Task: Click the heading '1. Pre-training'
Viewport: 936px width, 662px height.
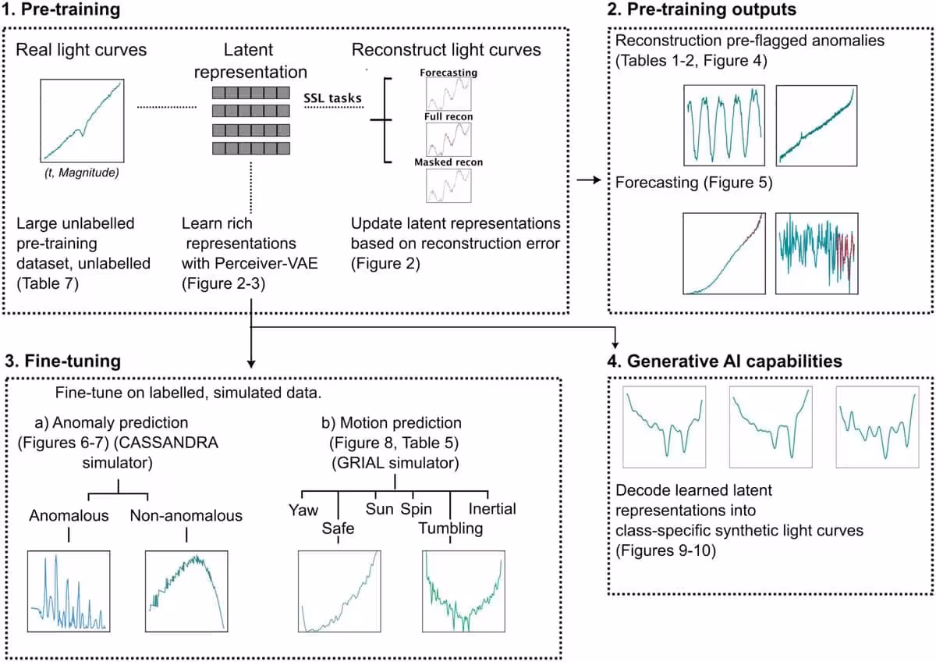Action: pyautogui.click(x=61, y=9)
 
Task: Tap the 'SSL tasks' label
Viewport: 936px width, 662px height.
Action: pyautogui.click(x=332, y=98)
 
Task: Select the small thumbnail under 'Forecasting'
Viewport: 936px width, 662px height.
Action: pyautogui.click(x=448, y=94)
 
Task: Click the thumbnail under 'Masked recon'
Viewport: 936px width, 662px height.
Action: pyautogui.click(x=448, y=186)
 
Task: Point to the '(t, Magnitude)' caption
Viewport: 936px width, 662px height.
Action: pyautogui.click(x=82, y=173)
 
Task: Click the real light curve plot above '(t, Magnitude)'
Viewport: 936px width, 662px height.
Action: pyautogui.click(x=83, y=120)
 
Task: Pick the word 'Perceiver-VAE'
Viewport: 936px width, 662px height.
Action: pyautogui.click(x=266, y=263)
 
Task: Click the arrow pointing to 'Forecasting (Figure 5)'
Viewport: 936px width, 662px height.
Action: pyautogui.click(x=589, y=180)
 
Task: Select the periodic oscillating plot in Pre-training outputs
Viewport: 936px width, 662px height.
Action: pyautogui.click(x=724, y=126)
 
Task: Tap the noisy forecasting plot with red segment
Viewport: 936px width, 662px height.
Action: pyautogui.click(x=817, y=254)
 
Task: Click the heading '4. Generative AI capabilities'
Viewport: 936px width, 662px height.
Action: pyautogui.click(x=725, y=361)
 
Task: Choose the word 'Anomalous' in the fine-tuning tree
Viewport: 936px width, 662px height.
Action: pyautogui.click(x=69, y=515)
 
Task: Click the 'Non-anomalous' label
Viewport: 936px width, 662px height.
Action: pyautogui.click(x=186, y=515)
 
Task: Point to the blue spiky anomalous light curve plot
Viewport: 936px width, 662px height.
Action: pyautogui.click(x=69, y=591)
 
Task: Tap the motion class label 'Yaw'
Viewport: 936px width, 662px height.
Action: pyautogui.click(x=303, y=510)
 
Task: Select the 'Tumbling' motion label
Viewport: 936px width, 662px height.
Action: pyautogui.click(x=451, y=529)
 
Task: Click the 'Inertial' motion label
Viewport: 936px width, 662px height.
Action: pyautogui.click(x=492, y=508)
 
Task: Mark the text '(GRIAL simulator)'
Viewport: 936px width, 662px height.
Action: pyautogui.click(x=395, y=463)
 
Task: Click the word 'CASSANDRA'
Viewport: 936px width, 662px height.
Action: pyautogui.click(x=166, y=443)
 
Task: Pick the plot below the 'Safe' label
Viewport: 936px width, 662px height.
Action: pyautogui.click(x=339, y=591)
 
